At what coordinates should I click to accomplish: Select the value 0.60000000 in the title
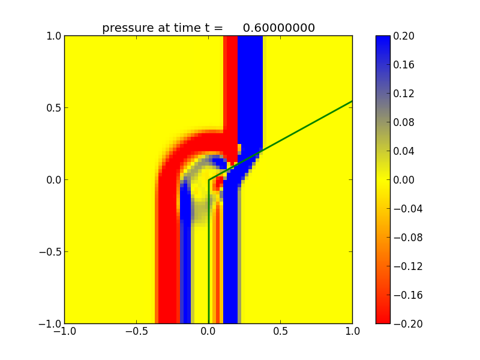(279, 28)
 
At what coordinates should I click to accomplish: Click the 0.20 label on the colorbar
(404, 36)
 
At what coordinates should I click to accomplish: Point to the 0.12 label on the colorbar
(404, 94)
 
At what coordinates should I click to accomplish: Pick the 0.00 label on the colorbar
(404, 180)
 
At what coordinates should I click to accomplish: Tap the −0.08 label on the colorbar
(406, 238)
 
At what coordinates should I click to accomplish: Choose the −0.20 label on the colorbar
(406, 324)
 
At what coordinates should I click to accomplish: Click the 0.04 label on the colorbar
(404, 151)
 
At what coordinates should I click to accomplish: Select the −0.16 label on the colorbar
(406, 295)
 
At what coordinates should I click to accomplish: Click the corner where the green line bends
(208, 180)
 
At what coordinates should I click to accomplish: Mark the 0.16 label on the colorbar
(404, 65)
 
